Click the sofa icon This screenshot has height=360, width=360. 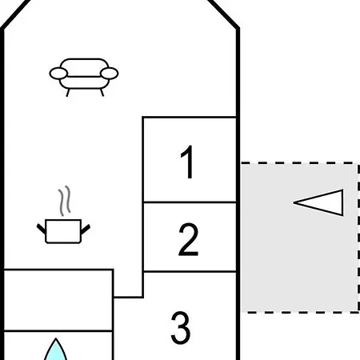click(x=84, y=77)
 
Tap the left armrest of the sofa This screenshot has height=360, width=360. click(x=58, y=74)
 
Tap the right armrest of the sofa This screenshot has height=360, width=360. click(x=110, y=74)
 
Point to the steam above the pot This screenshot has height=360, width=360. click(x=65, y=201)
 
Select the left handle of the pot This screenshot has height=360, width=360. click(x=42, y=229)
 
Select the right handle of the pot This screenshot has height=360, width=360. click(x=86, y=230)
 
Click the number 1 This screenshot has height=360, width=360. click(x=187, y=162)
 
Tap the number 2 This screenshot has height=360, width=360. click(x=188, y=239)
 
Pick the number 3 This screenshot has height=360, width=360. click(x=181, y=328)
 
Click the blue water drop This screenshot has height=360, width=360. click(x=55, y=350)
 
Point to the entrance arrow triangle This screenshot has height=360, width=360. click(x=318, y=202)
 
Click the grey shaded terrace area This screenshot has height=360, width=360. click(x=299, y=238)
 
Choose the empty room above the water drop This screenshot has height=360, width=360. click(x=58, y=300)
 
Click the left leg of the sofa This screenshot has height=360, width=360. click(x=68, y=93)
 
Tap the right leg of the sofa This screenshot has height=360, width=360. click(x=102, y=93)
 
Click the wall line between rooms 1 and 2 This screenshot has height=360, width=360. click(x=190, y=202)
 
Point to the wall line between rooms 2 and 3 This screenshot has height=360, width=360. click(x=190, y=272)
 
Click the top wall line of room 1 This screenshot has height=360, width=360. click(x=189, y=117)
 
